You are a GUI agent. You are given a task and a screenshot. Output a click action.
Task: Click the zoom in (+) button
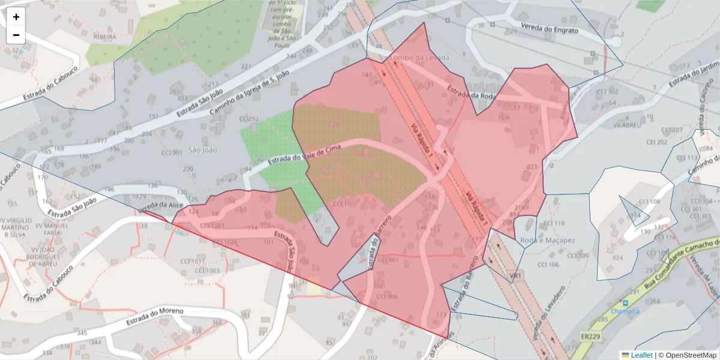click(x=16, y=17)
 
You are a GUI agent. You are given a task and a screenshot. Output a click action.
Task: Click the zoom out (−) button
click(x=16, y=35)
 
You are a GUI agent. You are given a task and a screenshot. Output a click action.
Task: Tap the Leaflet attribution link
click(x=641, y=355)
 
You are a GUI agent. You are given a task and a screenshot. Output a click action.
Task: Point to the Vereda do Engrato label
click(x=550, y=29)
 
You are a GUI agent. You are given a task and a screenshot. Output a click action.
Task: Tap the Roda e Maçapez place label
click(x=548, y=241)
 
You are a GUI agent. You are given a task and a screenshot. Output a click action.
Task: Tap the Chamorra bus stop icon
click(x=626, y=303)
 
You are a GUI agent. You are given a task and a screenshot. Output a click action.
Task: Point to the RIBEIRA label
click(x=105, y=37)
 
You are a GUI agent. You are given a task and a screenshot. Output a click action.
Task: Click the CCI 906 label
click(x=387, y=296)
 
